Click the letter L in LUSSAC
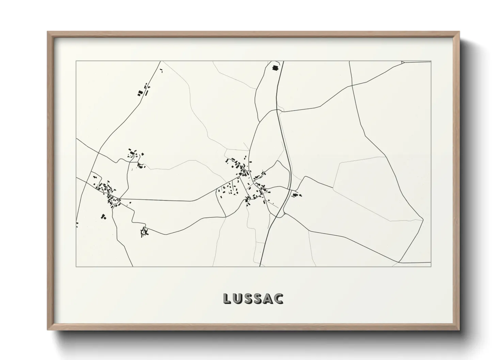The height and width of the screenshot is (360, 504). pos(227,298)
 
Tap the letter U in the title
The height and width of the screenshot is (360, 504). pos(238,298)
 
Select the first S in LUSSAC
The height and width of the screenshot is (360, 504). pos(249,298)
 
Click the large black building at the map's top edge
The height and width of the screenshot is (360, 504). pos(275,67)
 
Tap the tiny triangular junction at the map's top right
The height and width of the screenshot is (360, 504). pos(403,62)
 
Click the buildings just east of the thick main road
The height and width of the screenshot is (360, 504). pos(296,195)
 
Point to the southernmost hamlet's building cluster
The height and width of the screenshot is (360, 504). pos(145,232)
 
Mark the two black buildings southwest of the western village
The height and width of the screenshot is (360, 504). pos(103,216)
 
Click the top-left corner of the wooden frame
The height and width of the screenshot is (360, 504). pos(48,32)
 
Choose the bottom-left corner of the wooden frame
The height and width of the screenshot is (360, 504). pos(48,330)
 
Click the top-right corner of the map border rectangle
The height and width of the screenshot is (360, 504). pos(431,61)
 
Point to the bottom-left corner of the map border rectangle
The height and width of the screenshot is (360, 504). pos(76,266)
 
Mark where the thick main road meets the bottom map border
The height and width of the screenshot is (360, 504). pos(261,266)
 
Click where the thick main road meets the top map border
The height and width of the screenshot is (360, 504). pos(283,61)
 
